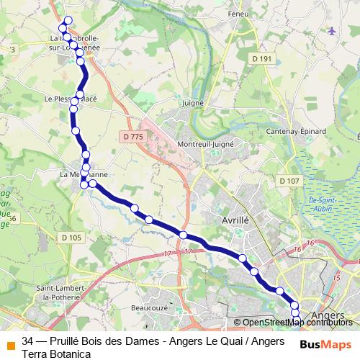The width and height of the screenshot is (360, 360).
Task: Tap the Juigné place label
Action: coord(194,103)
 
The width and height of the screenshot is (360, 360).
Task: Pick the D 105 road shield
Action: coord(72,238)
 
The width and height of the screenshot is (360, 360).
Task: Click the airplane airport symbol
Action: coord(331,31)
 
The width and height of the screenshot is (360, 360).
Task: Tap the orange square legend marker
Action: coord(10,344)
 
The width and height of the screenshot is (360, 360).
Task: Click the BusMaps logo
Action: coord(325,344)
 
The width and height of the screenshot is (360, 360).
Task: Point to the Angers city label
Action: coord(330,315)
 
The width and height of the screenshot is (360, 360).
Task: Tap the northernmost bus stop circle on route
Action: coord(68,20)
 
